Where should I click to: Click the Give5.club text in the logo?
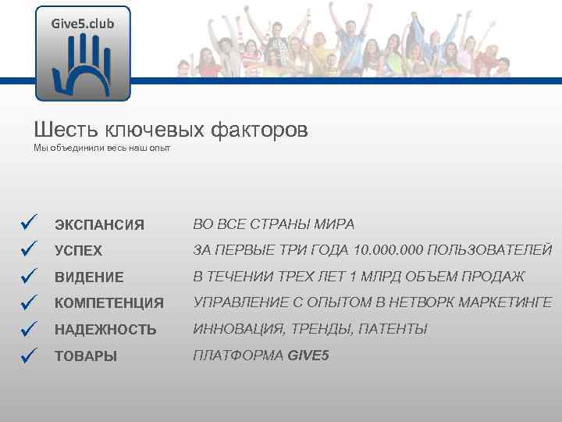(83, 23)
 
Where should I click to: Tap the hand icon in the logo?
(83, 66)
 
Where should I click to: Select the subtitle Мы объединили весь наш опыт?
(101, 148)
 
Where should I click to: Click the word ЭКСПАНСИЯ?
(99, 225)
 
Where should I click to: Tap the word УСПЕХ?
(78, 252)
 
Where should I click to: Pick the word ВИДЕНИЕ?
(89, 277)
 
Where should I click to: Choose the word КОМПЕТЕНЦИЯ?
(108, 303)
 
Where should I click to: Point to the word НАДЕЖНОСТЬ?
(105, 330)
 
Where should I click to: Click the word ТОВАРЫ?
(86, 356)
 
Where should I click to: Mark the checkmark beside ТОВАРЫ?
(30, 355)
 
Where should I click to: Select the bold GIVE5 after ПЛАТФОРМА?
(308, 356)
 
